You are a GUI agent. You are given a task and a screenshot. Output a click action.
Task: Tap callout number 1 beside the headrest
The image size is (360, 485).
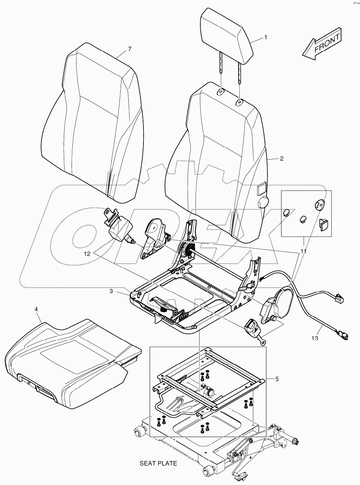266,37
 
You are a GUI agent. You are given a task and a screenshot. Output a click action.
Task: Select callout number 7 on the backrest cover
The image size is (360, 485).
130,49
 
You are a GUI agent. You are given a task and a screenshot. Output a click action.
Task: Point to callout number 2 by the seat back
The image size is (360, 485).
282,158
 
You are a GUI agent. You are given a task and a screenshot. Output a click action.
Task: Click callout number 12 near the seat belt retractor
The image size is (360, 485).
87,254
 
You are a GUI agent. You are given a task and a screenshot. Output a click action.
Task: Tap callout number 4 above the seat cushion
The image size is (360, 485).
47,309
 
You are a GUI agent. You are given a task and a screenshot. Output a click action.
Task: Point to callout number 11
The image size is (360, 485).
304,251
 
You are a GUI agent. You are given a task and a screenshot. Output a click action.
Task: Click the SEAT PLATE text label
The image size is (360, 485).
158,463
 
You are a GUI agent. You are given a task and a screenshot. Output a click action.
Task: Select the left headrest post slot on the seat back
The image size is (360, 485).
221,92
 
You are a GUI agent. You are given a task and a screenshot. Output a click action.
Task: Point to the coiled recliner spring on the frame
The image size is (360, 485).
187,249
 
